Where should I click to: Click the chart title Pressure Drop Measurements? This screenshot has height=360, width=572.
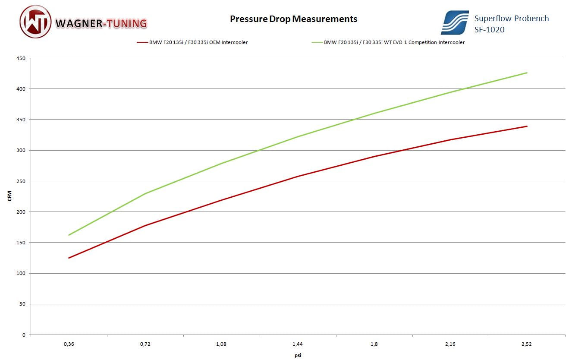pos(293,19)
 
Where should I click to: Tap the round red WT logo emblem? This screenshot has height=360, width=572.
pos(35,22)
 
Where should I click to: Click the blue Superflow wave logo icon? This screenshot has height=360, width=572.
pos(455,23)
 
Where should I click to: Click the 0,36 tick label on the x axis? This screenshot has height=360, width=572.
pos(69,344)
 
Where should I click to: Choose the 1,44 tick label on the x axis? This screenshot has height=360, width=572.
pos(298,344)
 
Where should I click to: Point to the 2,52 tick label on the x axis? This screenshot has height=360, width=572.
pos(527,344)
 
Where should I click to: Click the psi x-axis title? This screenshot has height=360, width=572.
pos(298,356)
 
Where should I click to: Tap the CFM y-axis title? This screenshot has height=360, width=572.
pos(9,196)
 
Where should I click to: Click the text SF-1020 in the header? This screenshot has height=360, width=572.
pos(489,30)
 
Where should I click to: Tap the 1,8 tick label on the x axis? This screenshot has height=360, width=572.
pos(374,344)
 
